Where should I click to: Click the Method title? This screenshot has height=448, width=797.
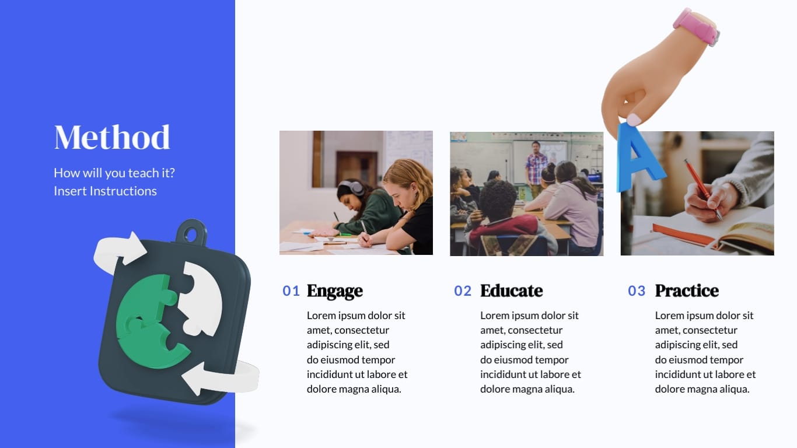pyautogui.click(x=112, y=138)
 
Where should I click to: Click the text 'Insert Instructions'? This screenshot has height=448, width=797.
pyautogui.click(x=105, y=191)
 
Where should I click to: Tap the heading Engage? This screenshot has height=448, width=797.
pyautogui.click(x=334, y=290)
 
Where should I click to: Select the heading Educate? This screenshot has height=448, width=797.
pyautogui.click(x=511, y=290)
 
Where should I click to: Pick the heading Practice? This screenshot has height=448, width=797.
pyautogui.click(x=686, y=290)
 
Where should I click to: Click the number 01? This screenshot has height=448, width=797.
pyautogui.click(x=291, y=290)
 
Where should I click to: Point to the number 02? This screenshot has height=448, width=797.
pyautogui.click(x=463, y=290)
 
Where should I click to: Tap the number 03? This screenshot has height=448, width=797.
pyautogui.click(x=637, y=290)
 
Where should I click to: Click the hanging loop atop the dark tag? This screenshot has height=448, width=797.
pyautogui.click(x=191, y=232)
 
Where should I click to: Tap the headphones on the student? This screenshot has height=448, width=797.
pyautogui.click(x=351, y=187)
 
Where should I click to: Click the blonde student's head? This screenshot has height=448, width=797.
pyautogui.click(x=408, y=178)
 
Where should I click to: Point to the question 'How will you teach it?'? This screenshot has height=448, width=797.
pyautogui.click(x=114, y=173)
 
